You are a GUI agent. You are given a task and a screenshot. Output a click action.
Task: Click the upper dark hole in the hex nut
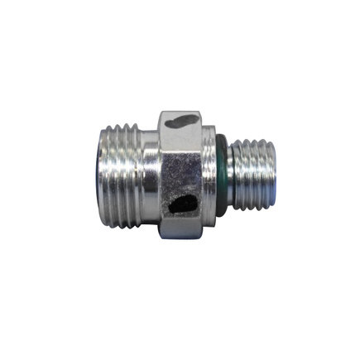[181, 123]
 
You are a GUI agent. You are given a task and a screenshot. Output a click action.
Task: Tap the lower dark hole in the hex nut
[184, 202]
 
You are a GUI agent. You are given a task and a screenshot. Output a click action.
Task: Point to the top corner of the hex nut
[180, 110]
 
